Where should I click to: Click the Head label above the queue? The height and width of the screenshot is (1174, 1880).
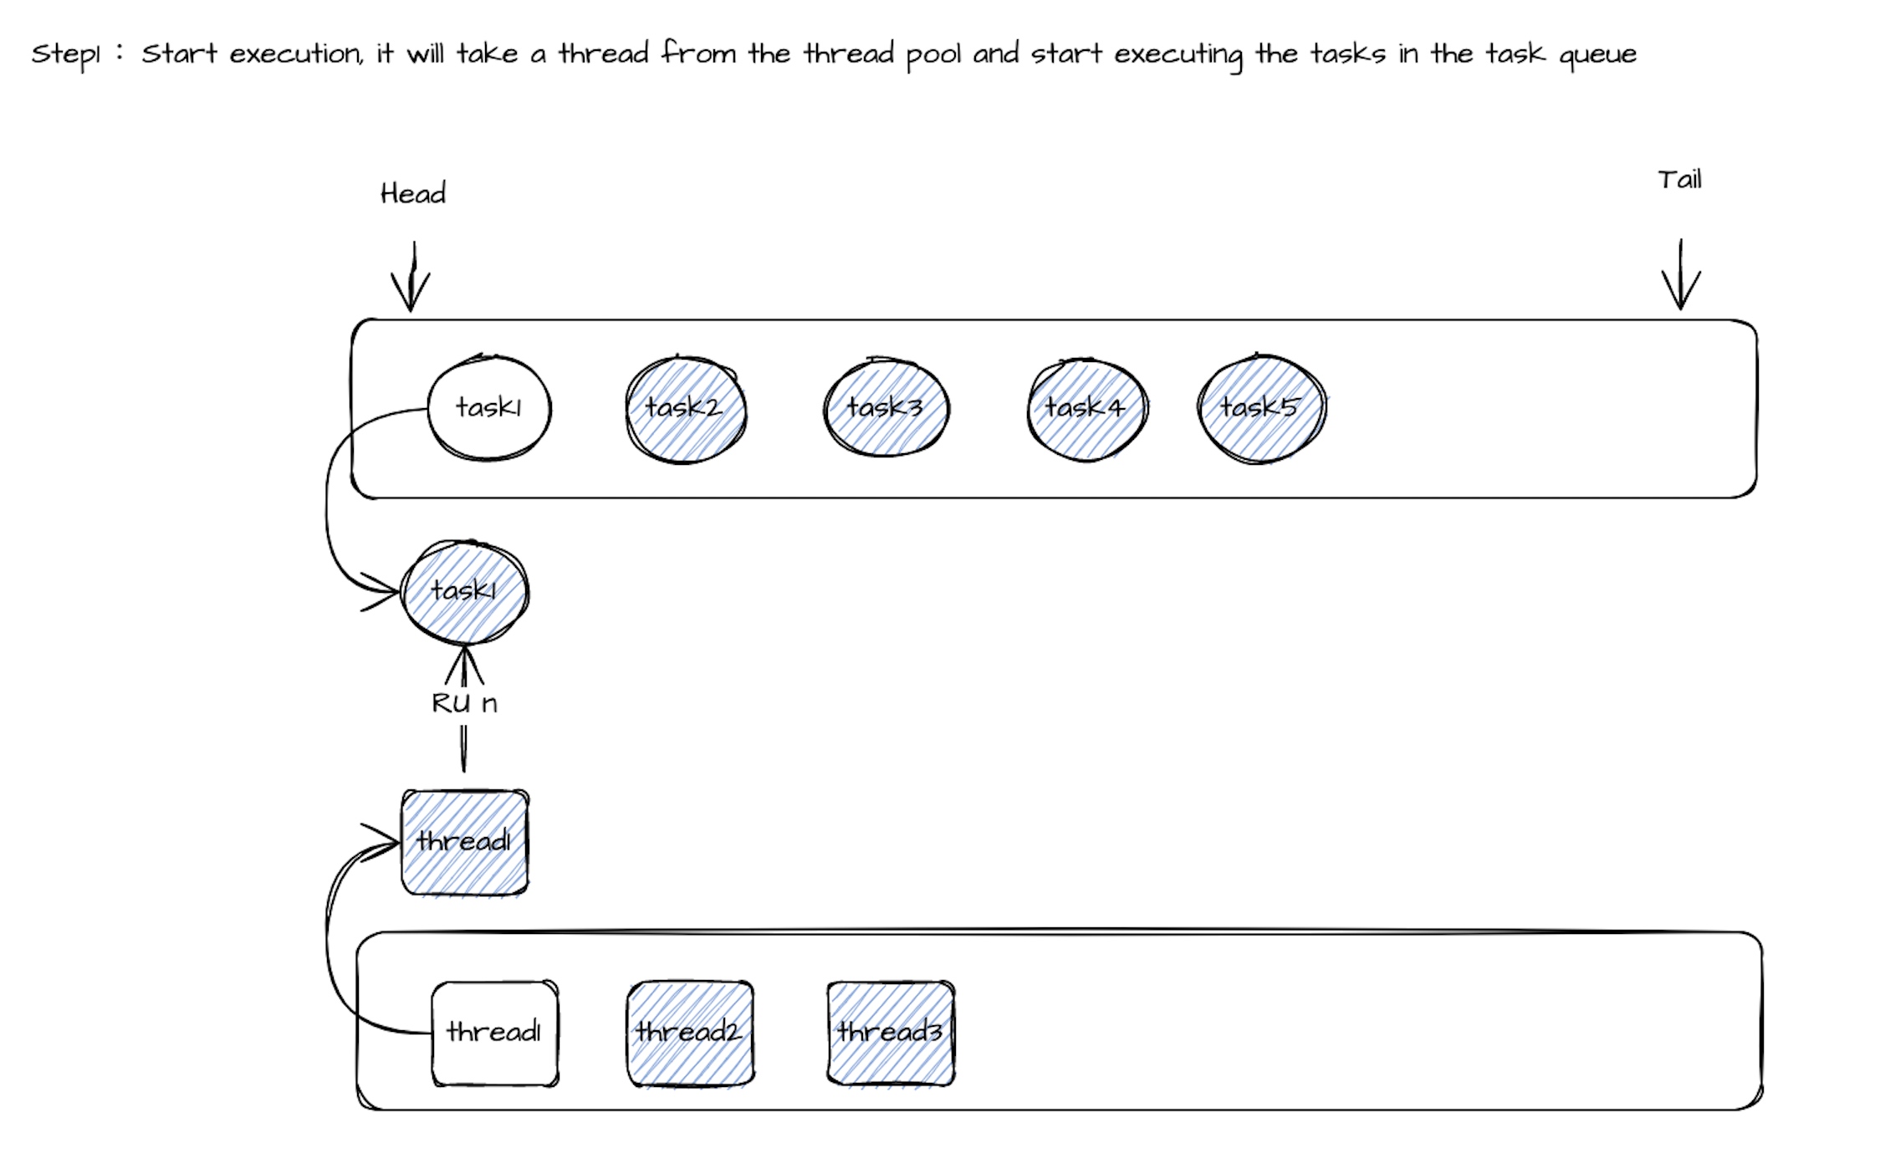pyautogui.click(x=413, y=194)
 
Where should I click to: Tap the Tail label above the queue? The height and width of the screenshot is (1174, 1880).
pyautogui.click(x=1679, y=180)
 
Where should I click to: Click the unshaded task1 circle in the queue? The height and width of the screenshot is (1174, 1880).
pyautogui.click(x=489, y=408)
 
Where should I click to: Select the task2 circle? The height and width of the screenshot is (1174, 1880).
pyautogui.click(x=686, y=409)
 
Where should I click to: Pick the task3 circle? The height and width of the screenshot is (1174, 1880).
pyautogui.click(x=886, y=408)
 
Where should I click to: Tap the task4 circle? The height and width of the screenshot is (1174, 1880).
pyautogui.click(x=1086, y=409)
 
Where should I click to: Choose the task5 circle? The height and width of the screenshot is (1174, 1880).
pyautogui.click(x=1261, y=408)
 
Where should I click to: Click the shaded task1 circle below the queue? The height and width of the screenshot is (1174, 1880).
pyautogui.click(x=465, y=592)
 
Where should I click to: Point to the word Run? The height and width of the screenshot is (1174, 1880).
pyautogui.click(x=464, y=703)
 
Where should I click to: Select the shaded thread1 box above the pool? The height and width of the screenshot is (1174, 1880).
pyautogui.click(x=465, y=842)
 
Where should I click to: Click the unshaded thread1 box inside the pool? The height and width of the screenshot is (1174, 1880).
pyautogui.click(x=494, y=1034)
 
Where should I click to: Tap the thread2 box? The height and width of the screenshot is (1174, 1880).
pyautogui.click(x=690, y=1034)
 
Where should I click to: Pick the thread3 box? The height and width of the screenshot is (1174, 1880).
pyautogui.click(x=891, y=1034)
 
